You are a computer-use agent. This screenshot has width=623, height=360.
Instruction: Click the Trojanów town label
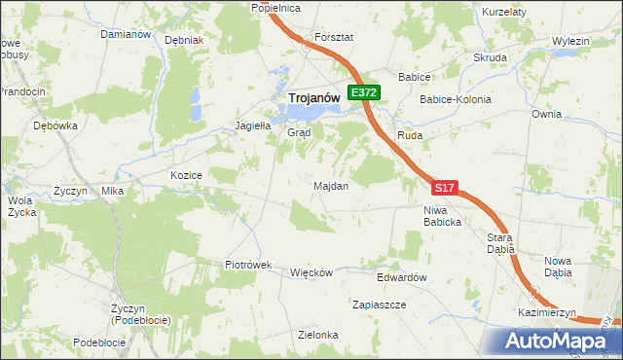point(312,97)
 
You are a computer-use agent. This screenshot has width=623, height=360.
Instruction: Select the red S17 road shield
point(444,187)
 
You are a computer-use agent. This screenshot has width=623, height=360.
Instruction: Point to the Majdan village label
point(331,185)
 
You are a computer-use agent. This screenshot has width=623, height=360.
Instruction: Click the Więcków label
point(311,272)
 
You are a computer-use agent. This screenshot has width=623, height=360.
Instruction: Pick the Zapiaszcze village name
point(379,305)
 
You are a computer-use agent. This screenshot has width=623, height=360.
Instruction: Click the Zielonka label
point(318,335)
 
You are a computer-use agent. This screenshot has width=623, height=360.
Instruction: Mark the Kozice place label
point(185,175)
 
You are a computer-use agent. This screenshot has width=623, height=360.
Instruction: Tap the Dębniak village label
point(184,41)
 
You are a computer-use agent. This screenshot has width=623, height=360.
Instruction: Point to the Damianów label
point(126,34)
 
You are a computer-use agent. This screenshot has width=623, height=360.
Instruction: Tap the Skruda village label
point(490,57)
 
